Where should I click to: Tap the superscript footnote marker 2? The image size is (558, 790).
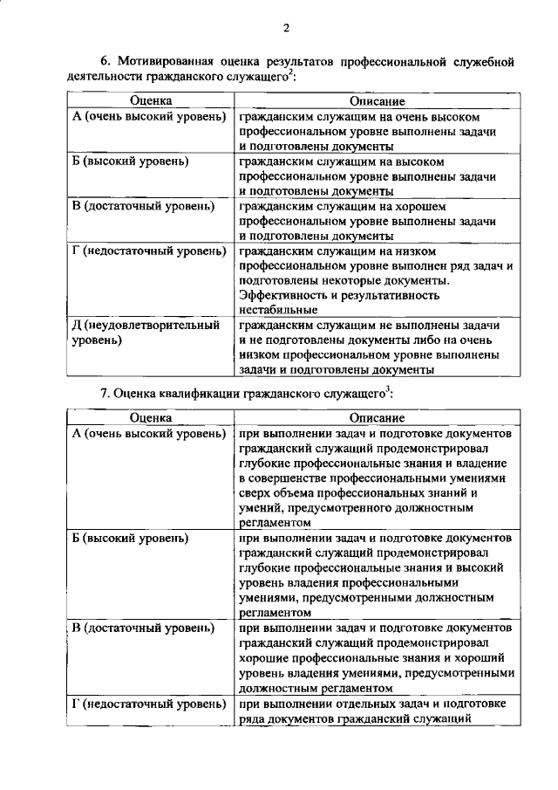tap(291, 73)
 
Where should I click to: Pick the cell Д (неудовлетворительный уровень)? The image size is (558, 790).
tap(145, 333)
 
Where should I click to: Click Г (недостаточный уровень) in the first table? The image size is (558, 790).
tap(149, 251)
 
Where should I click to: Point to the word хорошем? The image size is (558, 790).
tap(421, 206)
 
